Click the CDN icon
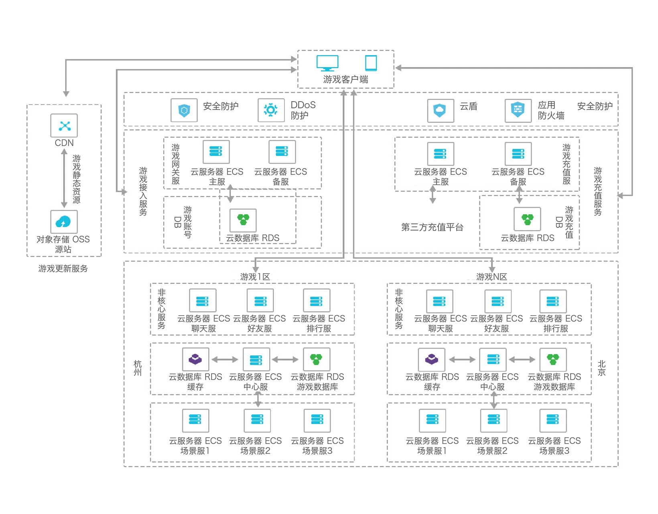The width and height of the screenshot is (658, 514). point(64,126)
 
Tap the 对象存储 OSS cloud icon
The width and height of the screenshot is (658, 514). point(64,222)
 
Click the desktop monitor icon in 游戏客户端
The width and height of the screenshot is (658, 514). point(327,63)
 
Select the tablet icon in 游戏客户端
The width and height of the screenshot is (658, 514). point(371,63)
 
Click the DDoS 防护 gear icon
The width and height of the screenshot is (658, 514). point(271,110)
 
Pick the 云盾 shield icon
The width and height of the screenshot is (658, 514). point(440,110)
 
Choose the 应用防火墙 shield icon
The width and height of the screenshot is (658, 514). point(518,110)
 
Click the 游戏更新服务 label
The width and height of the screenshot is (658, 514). point(63,269)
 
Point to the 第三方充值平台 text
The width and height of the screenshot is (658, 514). point(432,227)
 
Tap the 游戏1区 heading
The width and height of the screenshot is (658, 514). point(255,277)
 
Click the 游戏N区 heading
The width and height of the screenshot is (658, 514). point(491,277)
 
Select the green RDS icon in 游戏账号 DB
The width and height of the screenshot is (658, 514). point(243,220)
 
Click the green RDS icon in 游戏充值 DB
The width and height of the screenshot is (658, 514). point(527,219)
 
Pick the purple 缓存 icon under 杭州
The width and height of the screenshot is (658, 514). point(195,359)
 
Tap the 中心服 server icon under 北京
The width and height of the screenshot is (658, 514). point(493,359)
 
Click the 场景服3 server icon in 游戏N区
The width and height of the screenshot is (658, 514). point(553,420)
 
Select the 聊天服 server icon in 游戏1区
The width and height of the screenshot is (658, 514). point(203,301)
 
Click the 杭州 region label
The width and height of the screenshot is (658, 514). point(138,368)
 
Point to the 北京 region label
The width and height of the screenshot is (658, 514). point(602,368)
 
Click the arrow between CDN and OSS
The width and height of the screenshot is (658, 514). point(64,178)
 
